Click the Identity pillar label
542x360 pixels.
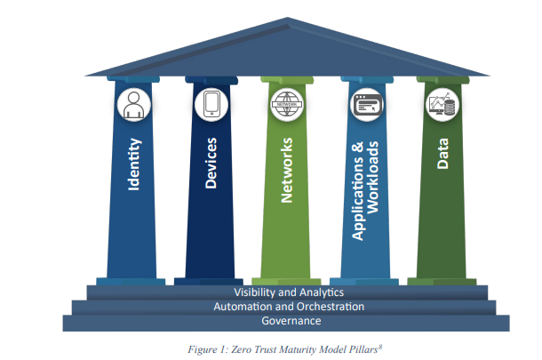[x=134, y=164]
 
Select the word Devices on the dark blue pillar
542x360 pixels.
[x=211, y=164]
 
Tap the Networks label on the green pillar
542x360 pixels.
[x=287, y=170]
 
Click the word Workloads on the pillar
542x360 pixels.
[x=372, y=178]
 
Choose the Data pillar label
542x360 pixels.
[x=442, y=154]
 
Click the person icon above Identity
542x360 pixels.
[x=134, y=105]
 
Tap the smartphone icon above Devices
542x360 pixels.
[x=211, y=104]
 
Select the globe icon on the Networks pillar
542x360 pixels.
[x=287, y=104]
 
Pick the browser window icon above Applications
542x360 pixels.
[x=367, y=104]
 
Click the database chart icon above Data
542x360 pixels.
[x=442, y=104]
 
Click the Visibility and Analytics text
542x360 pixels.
[x=289, y=292]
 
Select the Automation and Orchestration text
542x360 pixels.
[x=289, y=307]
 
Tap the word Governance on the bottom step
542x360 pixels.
[x=291, y=321]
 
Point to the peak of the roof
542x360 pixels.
[x=288, y=18]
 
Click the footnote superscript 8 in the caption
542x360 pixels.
[x=380, y=347]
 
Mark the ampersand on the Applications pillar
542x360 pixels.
[x=358, y=148]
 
